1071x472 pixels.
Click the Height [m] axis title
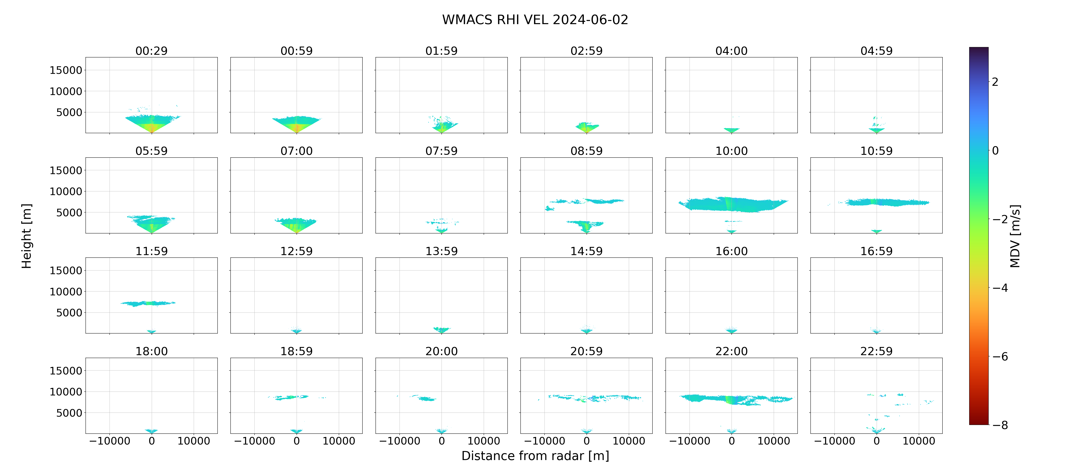click(26, 236)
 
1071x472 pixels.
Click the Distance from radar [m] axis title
click(535, 456)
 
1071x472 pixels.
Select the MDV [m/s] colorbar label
click(1015, 236)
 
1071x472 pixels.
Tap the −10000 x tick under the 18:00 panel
click(110, 441)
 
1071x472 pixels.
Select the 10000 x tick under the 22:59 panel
click(919, 441)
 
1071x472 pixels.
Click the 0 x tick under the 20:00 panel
click(442, 441)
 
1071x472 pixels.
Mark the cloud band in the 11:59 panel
click(148, 303)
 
